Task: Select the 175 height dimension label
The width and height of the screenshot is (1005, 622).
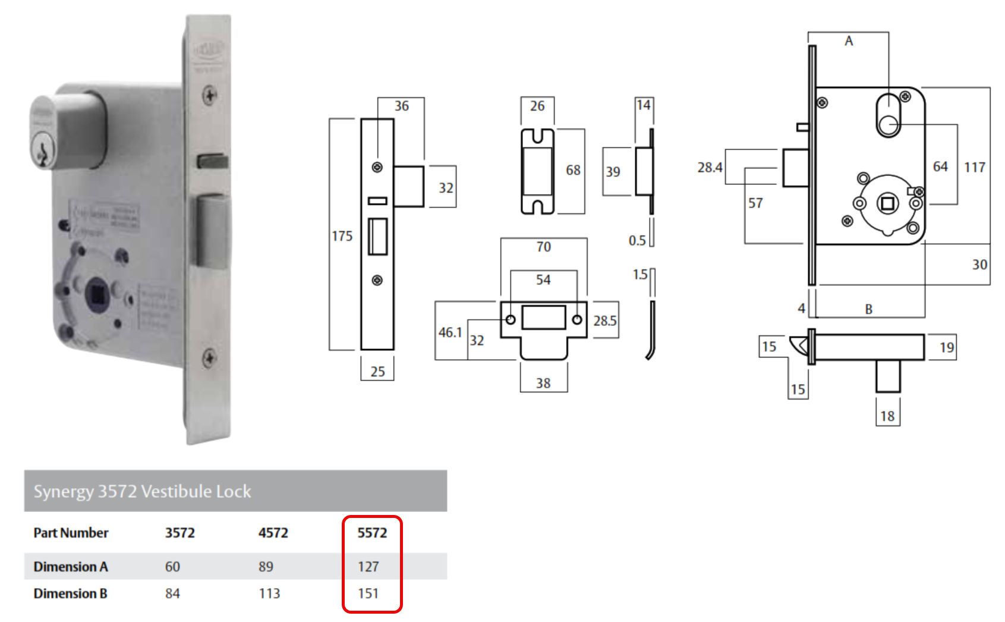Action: [x=342, y=236]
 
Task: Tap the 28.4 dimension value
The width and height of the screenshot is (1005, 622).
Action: [x=710, y=168]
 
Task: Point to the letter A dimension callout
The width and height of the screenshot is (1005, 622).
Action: [x=849, y=41]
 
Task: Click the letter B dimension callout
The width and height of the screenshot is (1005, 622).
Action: [x=869, y=309]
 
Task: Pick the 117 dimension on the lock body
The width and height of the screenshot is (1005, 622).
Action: [x=975, y=168]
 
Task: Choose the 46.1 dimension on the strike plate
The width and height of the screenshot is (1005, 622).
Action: [x=450, y=332]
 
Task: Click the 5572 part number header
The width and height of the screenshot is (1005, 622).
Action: [x=372, y=533]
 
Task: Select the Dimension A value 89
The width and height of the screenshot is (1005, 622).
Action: [x=266, y=567]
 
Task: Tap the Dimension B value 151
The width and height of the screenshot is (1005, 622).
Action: [x=368, y=593]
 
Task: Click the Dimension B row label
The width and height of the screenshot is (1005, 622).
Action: [x=70, y=593]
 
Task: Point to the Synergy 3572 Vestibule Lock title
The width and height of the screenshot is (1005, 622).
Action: [x=142, y=491]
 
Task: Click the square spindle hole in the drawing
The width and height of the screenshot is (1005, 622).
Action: [x=887, y=204]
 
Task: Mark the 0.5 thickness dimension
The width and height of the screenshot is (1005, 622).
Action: [x=637, y=240]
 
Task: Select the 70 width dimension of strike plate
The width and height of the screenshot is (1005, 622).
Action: [x=543, y=247]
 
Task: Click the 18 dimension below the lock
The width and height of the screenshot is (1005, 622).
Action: [x=887, y=416]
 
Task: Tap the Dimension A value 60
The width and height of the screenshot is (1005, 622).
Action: [x=172, y=567]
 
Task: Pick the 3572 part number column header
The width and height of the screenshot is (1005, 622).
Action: [x=180, y=533]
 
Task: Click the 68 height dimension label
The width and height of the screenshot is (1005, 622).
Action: [x=573, y=171]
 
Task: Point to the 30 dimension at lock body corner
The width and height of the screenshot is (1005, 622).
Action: [x=979, y=265]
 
